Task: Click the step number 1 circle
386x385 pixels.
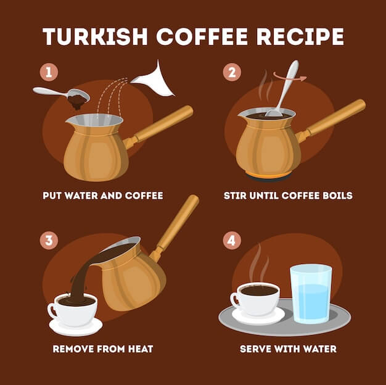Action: [x=49, y=72]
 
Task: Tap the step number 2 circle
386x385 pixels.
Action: [x=232, y=72]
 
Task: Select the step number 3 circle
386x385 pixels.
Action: [x=49, y=240]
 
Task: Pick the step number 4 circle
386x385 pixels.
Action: [x=232, y=240]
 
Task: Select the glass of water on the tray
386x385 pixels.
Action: [x=310, y=294]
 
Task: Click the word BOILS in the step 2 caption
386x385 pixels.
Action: [x=337, y=196]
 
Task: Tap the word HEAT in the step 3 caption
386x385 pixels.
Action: [x=138, y=349]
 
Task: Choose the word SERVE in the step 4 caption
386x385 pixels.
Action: [x=255, y=349]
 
